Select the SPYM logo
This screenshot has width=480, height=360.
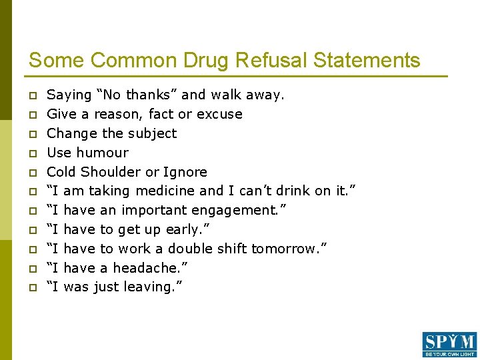pos(449,344)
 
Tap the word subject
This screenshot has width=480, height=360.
pos(152,133)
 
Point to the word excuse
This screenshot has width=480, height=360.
pos(221,114)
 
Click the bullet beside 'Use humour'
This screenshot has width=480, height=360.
pos(31,153)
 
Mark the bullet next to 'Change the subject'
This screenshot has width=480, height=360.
pos(31,134)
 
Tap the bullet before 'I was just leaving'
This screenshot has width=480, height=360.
pos(31,288)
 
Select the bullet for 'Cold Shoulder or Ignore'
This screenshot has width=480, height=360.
pos(31,173)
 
